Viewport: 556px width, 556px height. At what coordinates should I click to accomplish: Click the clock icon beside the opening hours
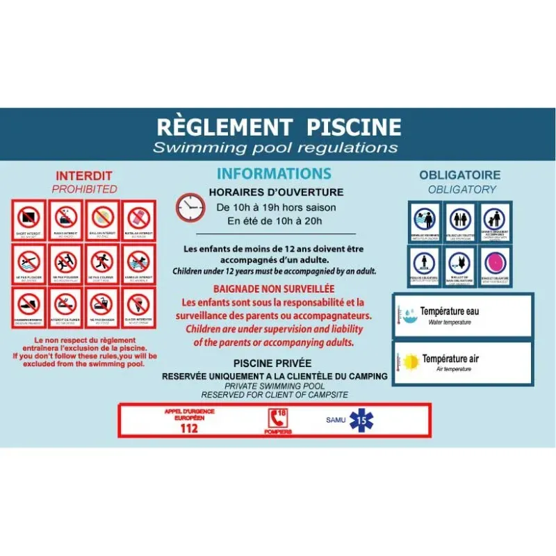pyautogui.click(x=189, y=207)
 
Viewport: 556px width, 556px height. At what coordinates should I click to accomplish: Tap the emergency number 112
pyautogui.click(x=188, y=428)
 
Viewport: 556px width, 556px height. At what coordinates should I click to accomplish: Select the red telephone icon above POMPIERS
pyautogui.click(x=277, y=418)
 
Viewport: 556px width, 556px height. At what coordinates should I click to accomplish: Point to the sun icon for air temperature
pyautogui.click(x=410, y=361)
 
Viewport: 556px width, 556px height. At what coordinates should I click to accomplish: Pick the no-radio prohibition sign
pyautogui.click(x=65, y=219)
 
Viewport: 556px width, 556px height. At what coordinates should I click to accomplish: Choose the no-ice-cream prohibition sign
pyautogui.click(x=138, y=304)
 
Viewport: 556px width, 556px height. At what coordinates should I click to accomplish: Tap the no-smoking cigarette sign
pyautogui.click(x=65, y=304)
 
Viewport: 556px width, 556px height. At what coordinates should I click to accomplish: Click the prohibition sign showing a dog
pyautogui.click(x=138, y=262)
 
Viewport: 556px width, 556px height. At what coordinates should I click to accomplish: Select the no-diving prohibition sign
pyautogui.click(x=29, y=262)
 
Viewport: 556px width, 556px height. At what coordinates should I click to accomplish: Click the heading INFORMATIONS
pyautogui.click(x=274, y=174)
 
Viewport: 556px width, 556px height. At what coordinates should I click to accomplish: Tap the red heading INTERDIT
pyautogui.click(x=83, y=176)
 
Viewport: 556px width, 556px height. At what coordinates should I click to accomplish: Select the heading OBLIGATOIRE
pyautogui.click(x=459, y=175)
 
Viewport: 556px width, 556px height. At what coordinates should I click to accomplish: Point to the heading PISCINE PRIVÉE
pyautogui.click(x=272, y=363)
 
